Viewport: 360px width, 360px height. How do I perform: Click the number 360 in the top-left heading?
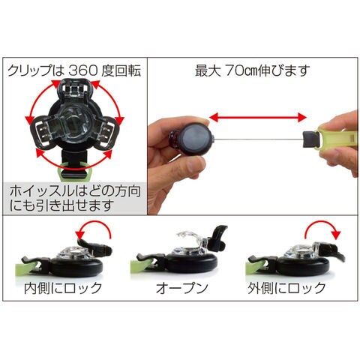[82, 70]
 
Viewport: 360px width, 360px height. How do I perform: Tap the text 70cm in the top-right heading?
[241, 71]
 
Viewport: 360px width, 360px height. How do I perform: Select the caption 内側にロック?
[63, 288]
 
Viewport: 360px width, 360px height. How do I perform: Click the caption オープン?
[182, 288]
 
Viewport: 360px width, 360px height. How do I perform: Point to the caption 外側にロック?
[286, 288]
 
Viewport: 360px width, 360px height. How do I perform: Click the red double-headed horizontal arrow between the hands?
[258, 117]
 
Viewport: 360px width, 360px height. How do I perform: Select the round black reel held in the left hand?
[193, 141]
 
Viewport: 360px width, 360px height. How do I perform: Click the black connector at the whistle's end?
[310, 139]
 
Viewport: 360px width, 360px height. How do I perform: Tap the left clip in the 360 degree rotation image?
[44, 131]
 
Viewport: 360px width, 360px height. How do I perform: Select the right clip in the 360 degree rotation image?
[106, 132]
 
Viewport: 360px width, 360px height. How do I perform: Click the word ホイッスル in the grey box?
[42, 192]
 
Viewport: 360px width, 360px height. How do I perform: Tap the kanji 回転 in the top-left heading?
[129, 70]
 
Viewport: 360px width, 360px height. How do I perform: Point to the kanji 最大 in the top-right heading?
[208, 71]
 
